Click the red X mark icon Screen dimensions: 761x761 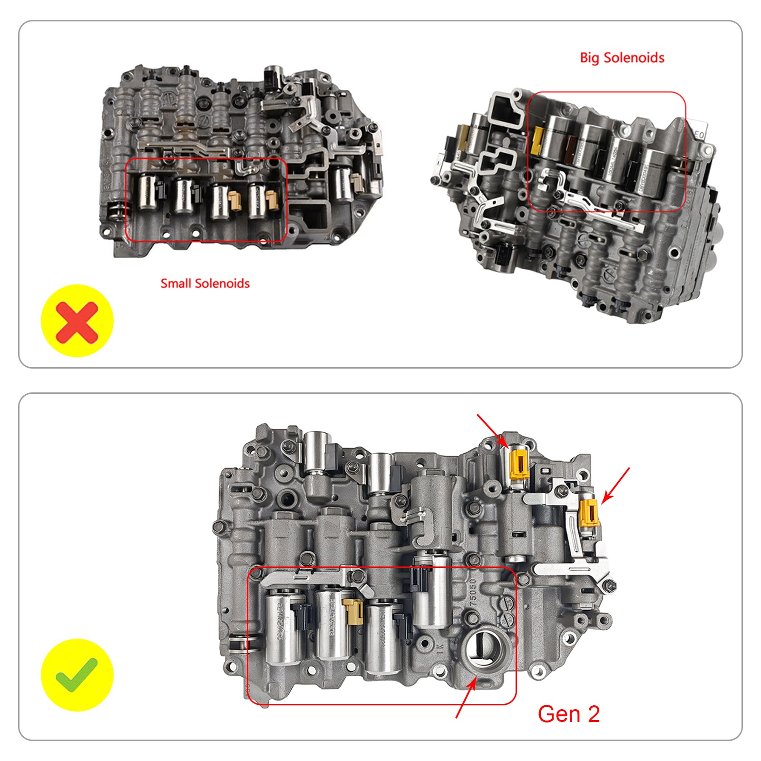[77, 323]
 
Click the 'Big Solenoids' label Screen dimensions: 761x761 [622, 58]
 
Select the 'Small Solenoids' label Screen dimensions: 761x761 [205, 283]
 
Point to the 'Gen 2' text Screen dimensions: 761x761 [569, 714]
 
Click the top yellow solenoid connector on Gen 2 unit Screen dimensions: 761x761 [518, 464]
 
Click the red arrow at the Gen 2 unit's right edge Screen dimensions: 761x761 [615, 485]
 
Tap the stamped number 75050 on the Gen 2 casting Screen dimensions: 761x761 [473, 592]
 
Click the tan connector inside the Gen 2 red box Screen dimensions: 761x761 [353, 611]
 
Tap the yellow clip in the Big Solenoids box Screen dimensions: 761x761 [538, 141]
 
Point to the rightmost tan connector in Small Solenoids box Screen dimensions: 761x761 [272, 200]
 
